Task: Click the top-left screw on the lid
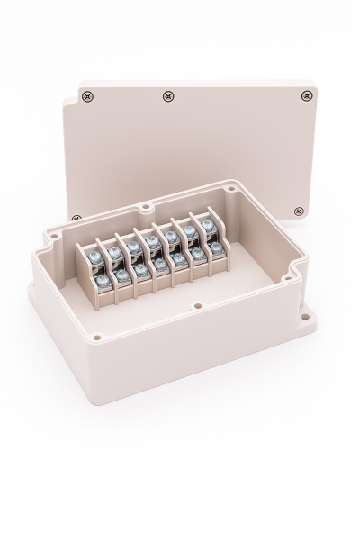tap(87, 94)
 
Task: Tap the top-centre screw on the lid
tap(167, 96)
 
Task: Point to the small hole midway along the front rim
tap(197, 306)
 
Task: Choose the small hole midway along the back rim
tap(145, 208)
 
